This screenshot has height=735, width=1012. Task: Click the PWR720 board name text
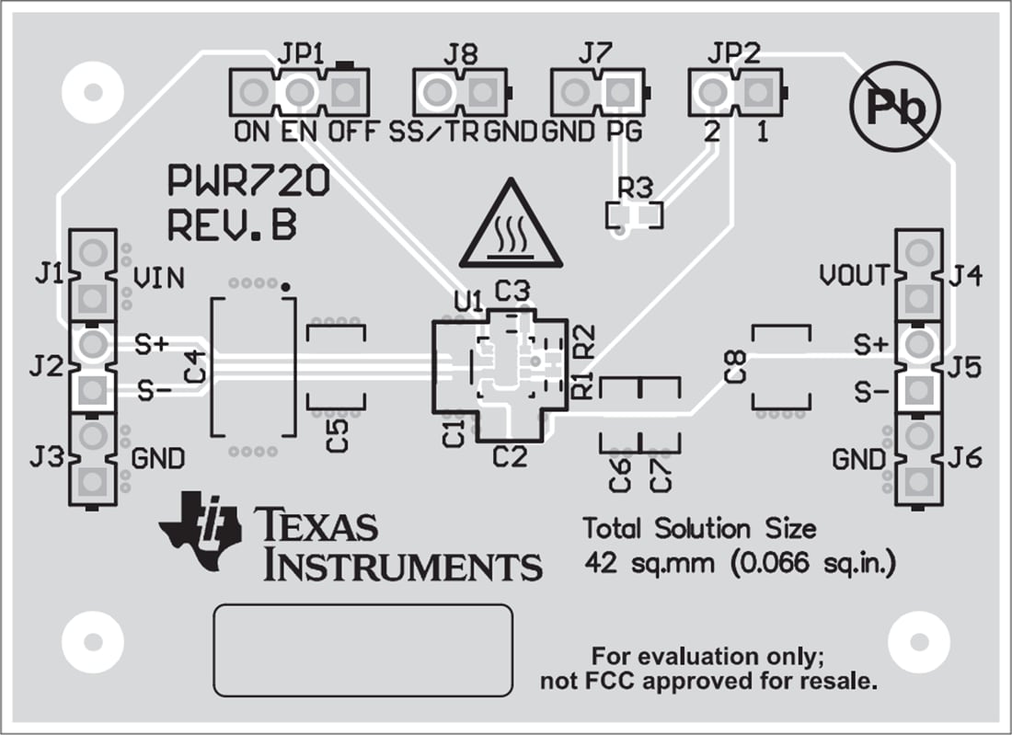[x=247, y=182]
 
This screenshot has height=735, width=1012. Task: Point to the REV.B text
[x=232, y=225]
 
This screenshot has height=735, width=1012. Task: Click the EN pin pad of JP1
[x=299, y=92]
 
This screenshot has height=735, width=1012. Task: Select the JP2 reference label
[x=733, y=54]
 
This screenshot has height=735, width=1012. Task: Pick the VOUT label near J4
[x=855, y=274]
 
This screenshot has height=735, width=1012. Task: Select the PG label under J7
[x=623, y=132]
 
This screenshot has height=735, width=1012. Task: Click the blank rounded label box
[x=362, y=649]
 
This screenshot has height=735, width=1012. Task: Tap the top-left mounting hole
[x=92, y=92]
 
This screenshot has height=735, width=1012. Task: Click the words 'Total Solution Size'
[x=699, y=529]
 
